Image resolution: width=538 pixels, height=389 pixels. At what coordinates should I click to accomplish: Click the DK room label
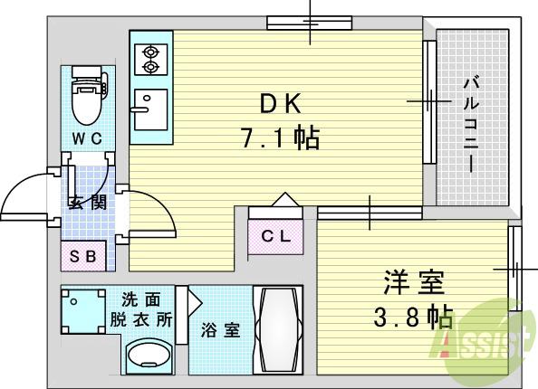pos(279,106)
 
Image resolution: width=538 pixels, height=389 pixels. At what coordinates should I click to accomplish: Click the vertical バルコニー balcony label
pos(471,124)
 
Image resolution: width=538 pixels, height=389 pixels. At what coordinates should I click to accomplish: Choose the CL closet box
pos(277,238)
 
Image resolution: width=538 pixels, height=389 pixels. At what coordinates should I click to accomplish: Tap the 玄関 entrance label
pos(87,201)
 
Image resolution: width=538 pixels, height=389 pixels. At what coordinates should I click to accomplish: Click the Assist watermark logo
pos(485,341)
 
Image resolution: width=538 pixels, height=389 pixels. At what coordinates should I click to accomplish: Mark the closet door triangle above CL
pos(284,199)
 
